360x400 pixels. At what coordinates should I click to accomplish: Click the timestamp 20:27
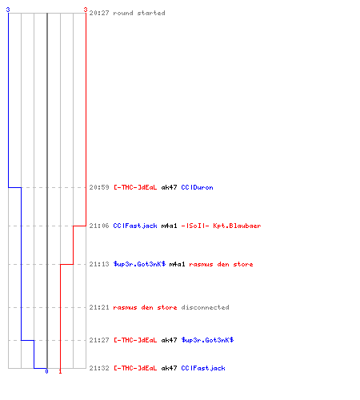[x=99, y=13]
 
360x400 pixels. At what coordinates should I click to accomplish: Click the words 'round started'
[x=139, y=13]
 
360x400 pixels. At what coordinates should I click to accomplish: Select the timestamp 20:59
[x=99, y=187]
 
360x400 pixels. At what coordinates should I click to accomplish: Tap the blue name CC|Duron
[x=197, y=187]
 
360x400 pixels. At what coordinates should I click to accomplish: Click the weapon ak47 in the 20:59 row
[x=169, y=187]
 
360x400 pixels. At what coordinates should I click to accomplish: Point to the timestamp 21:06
[x=99, y=226]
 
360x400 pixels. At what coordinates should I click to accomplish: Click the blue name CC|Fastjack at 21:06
[x=135, y=226]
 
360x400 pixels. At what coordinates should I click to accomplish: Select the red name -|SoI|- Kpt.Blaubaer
[x=221, y=226]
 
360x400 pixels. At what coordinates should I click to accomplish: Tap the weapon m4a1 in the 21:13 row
[x=177, y=264]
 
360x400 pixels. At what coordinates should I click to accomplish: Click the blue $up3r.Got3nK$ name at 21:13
[x=139, y=264]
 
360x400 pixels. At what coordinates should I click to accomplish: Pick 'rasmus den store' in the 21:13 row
[x=221, y=264]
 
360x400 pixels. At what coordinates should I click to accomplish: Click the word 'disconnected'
[x=205, y=307]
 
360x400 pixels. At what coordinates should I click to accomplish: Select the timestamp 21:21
[x=99, y=307]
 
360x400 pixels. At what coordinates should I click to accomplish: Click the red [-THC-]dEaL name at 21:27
[x=135, y=340]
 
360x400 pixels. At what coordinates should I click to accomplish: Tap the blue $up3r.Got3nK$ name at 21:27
[x=207, y=340]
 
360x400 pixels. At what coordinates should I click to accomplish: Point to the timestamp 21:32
[x=99, y=368]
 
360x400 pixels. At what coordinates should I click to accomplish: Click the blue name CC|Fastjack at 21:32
[x=203, y=368]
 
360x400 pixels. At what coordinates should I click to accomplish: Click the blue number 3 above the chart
[x=8, y=10]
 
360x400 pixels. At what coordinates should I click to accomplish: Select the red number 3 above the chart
[x=86, y=10]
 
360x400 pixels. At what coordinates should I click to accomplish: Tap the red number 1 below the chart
[x=60, y=371]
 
